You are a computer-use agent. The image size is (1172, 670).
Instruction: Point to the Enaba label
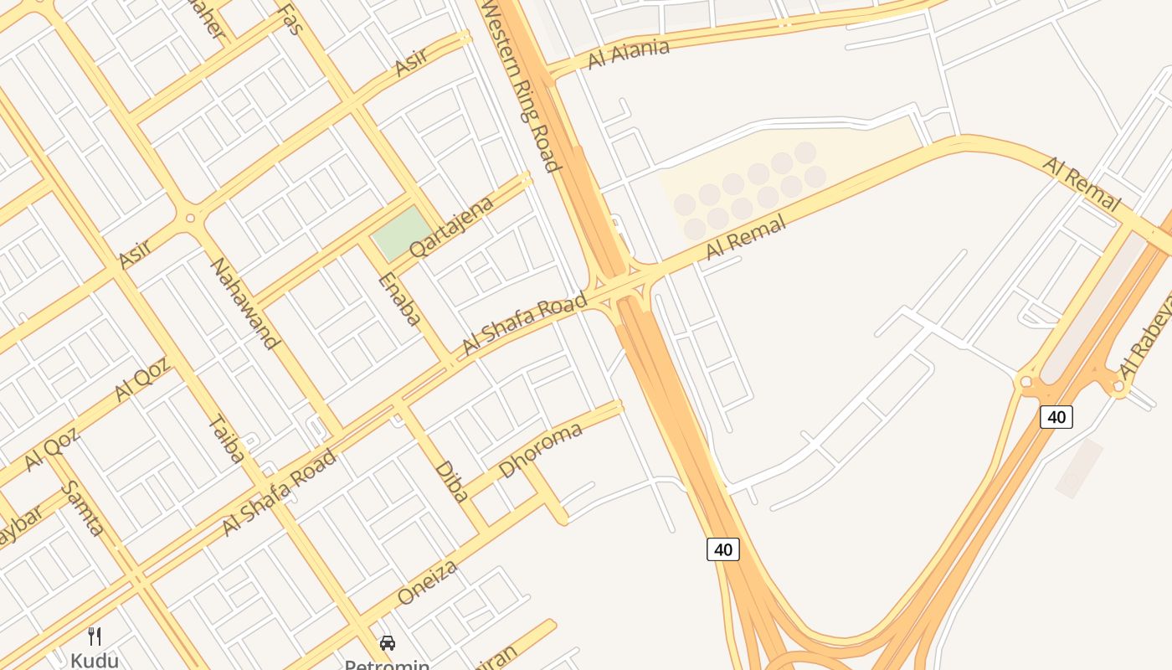coord(399,298)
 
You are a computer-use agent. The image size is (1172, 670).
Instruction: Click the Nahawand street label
coord(244,302)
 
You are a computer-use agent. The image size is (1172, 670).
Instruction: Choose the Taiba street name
coord(226,439)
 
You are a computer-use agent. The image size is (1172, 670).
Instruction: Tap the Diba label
coord(451,481)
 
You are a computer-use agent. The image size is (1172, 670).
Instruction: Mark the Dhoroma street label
coord(540,451)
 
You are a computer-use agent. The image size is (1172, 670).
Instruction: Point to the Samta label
coord(83,508)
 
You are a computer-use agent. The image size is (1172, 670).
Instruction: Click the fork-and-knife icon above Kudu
coord(95,636)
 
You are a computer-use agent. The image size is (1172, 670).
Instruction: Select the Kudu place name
coord(94,660)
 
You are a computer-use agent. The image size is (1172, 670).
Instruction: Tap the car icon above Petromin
coord(387,643)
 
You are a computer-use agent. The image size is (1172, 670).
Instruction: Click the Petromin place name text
coord(387,664)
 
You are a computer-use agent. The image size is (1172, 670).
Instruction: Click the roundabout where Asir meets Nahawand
coord(190,218)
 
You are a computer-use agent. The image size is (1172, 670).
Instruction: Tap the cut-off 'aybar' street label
coord(18,527)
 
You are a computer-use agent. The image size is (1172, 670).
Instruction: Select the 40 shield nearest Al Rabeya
coord(1056,416)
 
